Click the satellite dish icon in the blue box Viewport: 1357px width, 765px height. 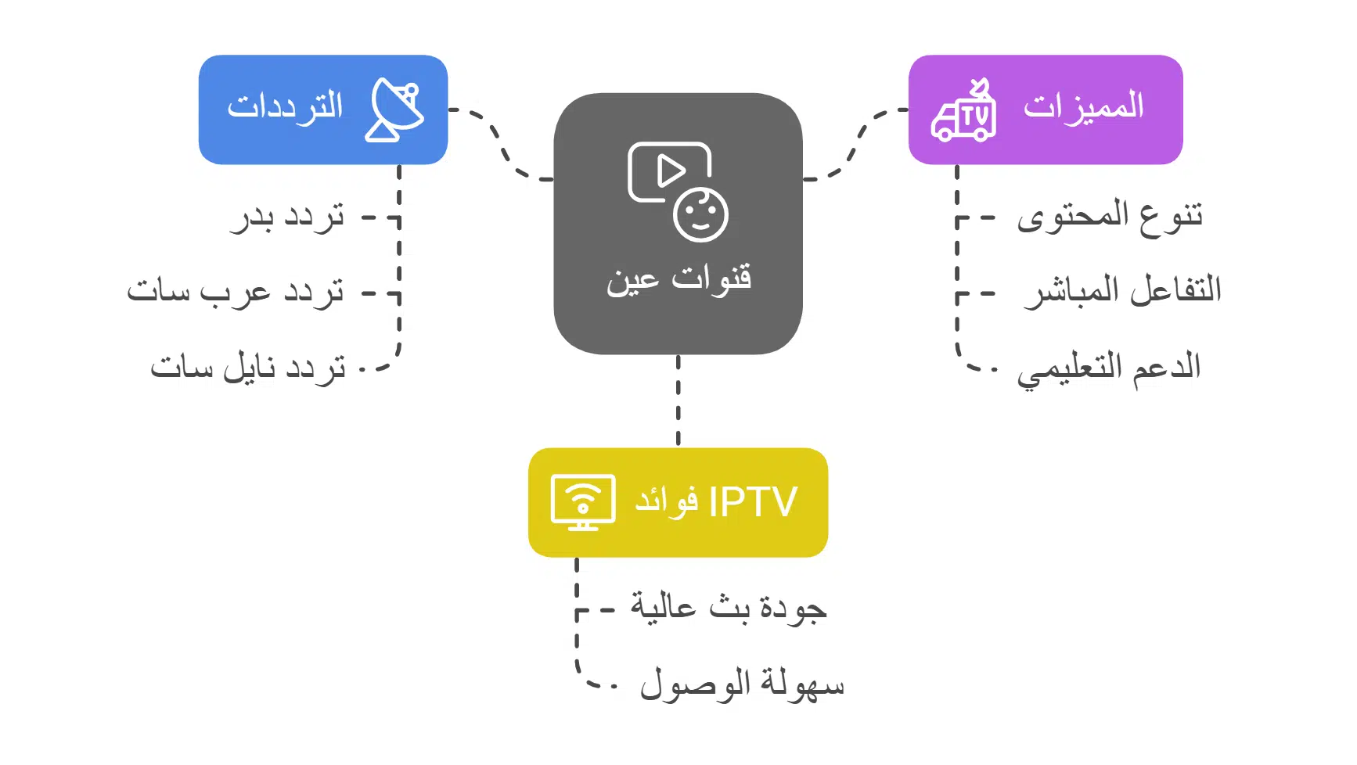pos(394,110)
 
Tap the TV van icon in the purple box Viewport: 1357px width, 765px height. pos(963,112)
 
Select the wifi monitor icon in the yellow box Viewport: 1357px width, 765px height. pos(582,502)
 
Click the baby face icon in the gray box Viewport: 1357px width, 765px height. pos(700,214)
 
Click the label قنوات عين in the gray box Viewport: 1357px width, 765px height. pos(678,279)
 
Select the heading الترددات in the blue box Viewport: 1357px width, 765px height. pos(286,107)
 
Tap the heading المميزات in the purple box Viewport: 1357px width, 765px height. pos(1083,107)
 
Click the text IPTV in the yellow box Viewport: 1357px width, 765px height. pos(753,502)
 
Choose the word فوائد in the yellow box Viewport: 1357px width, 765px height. pos(666,501)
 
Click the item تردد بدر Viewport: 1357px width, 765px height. pos(287,217)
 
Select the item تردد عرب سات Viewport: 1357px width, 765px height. pos(236,293)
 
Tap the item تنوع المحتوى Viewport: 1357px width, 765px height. pos(1110,217)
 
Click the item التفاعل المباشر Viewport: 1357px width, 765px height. pos(1123,291)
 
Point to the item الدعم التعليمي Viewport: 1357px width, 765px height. pos(1109,368)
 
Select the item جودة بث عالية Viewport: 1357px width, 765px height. pos(729,608)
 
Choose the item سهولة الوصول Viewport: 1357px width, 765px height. pos(742,685)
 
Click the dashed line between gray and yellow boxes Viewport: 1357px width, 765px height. pos(678,400)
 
